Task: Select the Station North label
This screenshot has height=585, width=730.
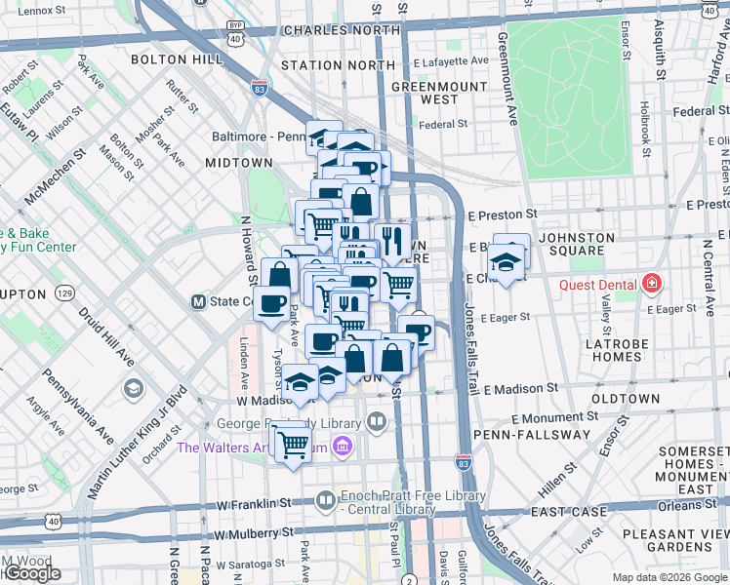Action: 338,65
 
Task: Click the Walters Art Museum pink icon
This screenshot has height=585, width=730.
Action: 343,448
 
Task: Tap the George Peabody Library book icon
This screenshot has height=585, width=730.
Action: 378,422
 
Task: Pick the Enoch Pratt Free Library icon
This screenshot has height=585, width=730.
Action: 325,501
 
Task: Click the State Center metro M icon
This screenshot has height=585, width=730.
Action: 198,301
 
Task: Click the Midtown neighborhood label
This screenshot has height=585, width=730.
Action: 238,163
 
